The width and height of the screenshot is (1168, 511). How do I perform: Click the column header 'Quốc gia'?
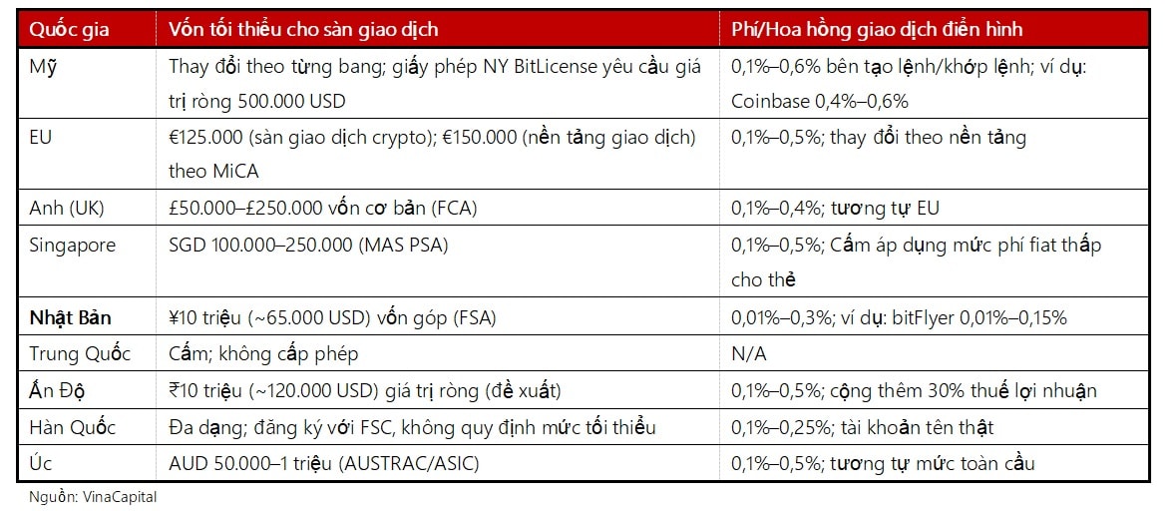(x=66, y=29)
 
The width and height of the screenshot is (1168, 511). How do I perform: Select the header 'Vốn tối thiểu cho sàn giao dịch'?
(x=303, y=29)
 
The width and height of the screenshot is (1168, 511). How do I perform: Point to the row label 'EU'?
(x=41, y=137)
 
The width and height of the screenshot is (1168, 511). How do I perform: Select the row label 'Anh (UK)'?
(x=67, y=208)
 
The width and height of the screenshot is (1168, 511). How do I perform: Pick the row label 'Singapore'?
(x=72, y=246)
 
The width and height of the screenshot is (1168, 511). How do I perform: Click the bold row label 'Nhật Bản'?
(x=70, y=317)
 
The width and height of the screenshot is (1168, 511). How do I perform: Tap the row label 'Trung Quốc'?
(x=80, y=353)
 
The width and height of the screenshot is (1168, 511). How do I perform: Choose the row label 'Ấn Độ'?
(x=56, y=390)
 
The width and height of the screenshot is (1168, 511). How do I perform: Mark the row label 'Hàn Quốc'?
(x=72, y=427)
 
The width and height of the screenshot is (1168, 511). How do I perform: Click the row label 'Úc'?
(x=40, y=463)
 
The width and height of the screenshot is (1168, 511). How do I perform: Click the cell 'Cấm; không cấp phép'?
(x=263, y=353)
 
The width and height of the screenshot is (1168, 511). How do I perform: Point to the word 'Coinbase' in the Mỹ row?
(x=769, y=101)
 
